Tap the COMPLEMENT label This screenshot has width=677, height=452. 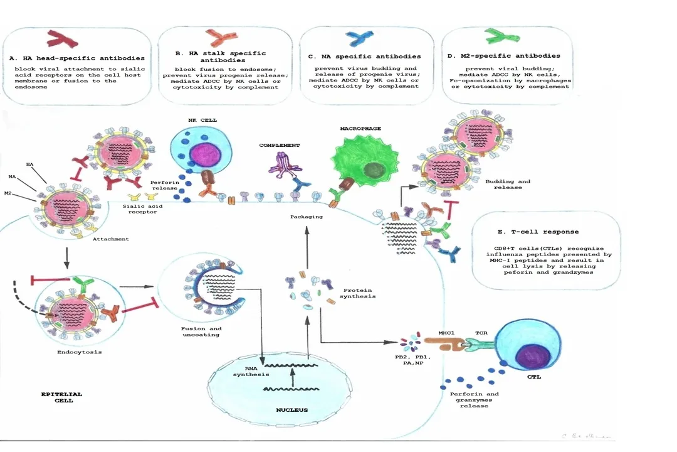coord(279,145)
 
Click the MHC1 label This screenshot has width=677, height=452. coord(446,326)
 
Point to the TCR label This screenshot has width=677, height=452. coord(481,326)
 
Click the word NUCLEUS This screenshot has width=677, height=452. coord(292,410)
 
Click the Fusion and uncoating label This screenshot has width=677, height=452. coord(201,331)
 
